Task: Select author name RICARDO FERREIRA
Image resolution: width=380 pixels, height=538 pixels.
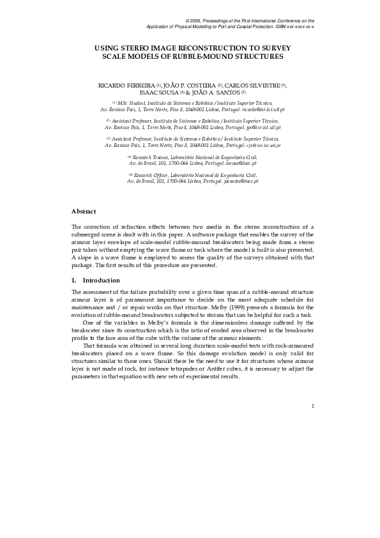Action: tap(126, 85)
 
